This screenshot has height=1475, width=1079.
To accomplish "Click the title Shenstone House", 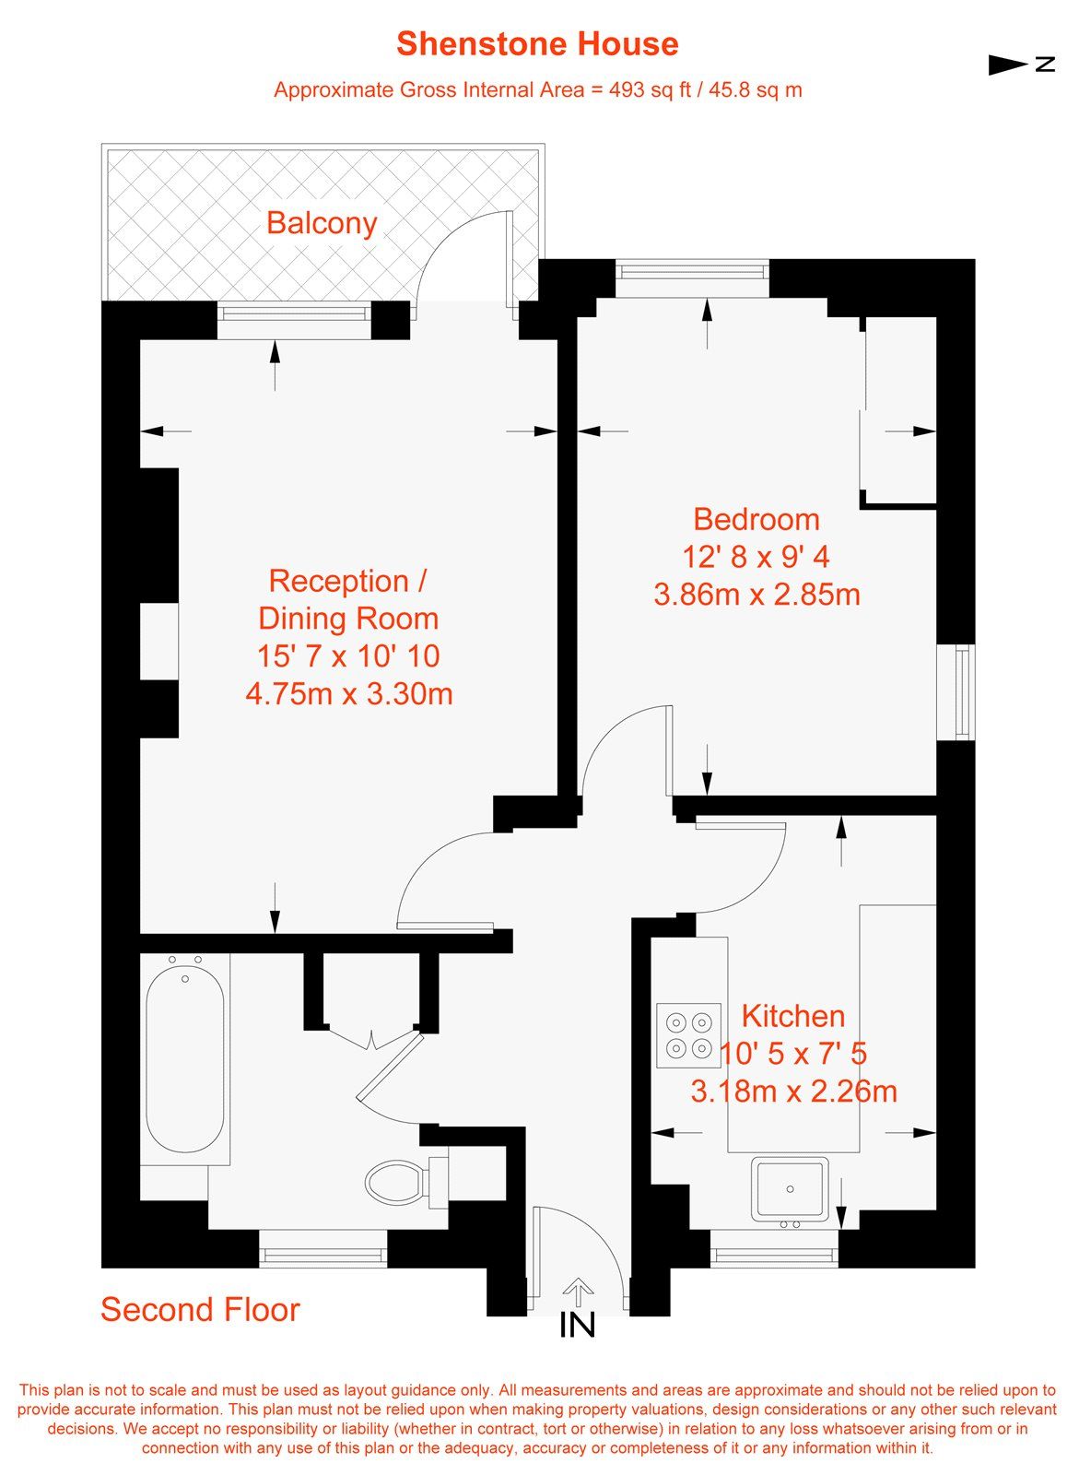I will pyautogui.click(x=537, y=44).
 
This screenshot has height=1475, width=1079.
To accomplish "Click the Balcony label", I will pyautogui.click(x=322, y=223).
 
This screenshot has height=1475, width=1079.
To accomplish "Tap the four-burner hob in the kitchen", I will pyautogui.click(x=688, y=1035).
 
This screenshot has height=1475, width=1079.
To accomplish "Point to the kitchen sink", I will pyautogui.click(x=790, y=1188).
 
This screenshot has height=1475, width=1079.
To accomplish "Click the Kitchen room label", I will pyautogui.click(x=792, y=1016).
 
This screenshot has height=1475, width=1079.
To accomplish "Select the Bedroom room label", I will pyautogui.click(x=756, y=519).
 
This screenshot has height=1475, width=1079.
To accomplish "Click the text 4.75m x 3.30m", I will pyautogui.click(x=349, y=693).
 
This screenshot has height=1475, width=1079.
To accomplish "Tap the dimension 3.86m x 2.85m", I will pyautogui.click(x=756, y=594).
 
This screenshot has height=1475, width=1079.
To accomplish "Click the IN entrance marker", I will pyautogui.click(x=578, y=1325).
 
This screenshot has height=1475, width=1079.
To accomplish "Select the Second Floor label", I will pyautogui.click(x=200, y=1310).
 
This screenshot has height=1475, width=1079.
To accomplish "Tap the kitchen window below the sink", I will pyautogui.click(x=774, y=1255).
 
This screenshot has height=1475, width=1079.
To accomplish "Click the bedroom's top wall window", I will pyautogui.click(x=692, y=271).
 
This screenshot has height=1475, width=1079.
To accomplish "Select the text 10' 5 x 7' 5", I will pyautogui.click(x=792, y=1054).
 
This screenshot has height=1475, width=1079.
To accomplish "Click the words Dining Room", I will pyautogui.click(x=348, y=619).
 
